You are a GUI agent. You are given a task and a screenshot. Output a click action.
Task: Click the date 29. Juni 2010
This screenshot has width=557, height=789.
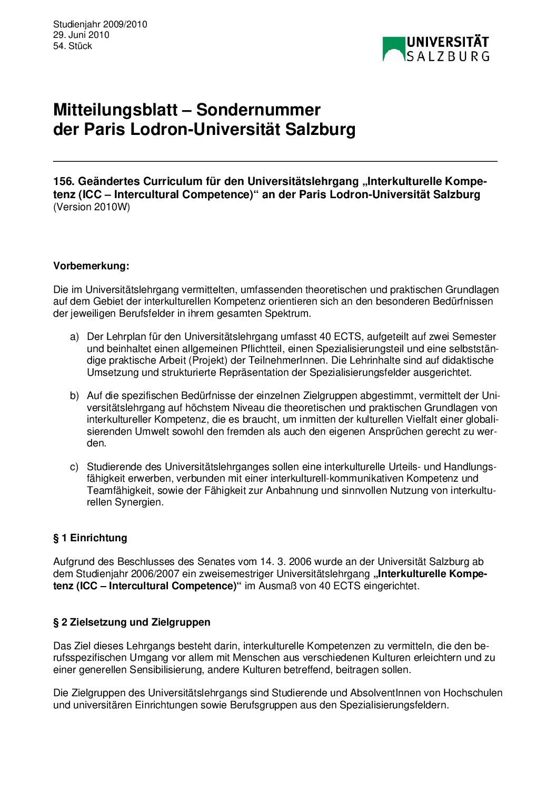81,35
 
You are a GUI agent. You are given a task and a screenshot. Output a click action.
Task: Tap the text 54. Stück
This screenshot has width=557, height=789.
73,46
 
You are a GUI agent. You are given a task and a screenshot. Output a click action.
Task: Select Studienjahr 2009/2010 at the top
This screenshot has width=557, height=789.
100,24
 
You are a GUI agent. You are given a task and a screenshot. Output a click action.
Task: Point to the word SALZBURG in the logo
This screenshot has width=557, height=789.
448,56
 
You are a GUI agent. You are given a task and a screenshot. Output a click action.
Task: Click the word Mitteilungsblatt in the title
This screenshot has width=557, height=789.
115,110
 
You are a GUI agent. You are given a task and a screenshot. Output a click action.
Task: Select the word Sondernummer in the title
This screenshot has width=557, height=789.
258,110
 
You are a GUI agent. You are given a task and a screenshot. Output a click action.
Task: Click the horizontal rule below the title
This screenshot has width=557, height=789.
275,161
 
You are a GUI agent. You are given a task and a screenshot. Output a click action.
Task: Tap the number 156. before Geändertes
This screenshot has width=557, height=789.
64,182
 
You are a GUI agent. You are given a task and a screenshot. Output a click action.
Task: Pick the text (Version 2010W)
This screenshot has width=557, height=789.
92,207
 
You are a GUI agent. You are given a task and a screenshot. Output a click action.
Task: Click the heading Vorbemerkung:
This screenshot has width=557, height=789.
91,266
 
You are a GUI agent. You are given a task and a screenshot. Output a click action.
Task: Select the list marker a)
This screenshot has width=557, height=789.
74,337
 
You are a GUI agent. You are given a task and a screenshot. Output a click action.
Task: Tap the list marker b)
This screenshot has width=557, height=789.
74,396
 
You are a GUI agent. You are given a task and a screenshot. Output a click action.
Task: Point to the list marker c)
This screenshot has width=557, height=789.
74,467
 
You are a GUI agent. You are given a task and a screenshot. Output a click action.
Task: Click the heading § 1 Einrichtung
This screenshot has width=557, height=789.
90,538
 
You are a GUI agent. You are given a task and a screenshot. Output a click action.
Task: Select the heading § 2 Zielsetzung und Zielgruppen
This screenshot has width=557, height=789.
132,622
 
